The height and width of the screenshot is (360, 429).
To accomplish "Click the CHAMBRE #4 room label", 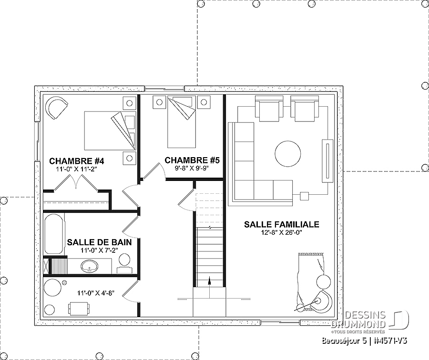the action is click(77, 161).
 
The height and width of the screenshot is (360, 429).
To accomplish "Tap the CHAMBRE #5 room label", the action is click(192, 160).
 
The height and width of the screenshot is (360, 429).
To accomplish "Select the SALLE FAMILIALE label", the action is click(282, 224).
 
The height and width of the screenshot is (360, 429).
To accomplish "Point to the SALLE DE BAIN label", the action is click(99, 242).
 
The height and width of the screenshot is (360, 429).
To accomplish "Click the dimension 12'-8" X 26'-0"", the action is click(282, 233).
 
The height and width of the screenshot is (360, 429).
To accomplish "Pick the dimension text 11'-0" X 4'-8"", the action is click(95, 293).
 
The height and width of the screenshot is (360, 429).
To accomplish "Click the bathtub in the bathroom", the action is click(54, 234).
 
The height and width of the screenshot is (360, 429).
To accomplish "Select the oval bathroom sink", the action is click(90, 266).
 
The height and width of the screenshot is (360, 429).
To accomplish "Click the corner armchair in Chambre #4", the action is click(56, 108).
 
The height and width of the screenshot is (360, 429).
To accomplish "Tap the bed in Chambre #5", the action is click(182, 122).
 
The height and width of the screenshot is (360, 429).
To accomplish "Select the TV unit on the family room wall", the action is click(327, 160).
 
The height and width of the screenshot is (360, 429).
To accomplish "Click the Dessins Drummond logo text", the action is click(358, 320).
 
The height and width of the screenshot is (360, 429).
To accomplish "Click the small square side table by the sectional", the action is click(304, 196).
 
